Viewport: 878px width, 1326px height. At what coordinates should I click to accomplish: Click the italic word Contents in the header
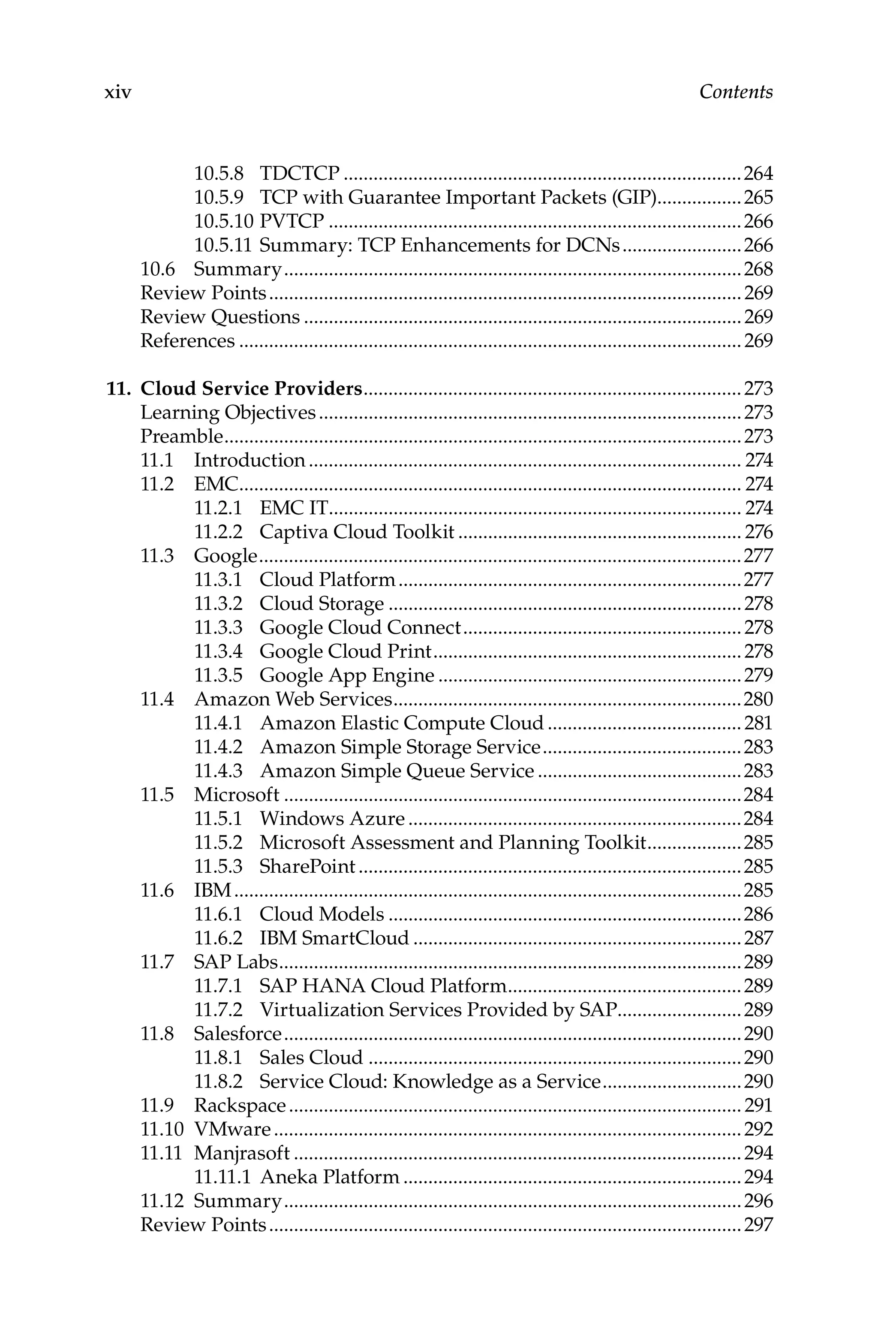735,92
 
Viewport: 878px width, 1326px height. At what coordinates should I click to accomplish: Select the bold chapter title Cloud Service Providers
251,389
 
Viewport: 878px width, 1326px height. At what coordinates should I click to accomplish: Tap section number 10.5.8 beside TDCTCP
218,174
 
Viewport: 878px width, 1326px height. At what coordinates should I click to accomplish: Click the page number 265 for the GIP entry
758,198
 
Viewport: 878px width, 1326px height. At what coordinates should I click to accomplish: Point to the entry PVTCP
291,222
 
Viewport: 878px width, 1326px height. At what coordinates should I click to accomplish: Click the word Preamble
181,436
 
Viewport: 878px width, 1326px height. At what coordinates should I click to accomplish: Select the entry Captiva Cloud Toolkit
357,532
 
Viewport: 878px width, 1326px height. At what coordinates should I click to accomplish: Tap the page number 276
758,532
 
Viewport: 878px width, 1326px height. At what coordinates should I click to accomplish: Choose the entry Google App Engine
346,675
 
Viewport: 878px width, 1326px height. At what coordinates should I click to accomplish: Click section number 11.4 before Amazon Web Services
157,699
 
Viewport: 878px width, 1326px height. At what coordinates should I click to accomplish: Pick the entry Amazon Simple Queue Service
397,771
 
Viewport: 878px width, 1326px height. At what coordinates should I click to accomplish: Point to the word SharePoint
307,867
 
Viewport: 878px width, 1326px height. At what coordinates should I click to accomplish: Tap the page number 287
758,938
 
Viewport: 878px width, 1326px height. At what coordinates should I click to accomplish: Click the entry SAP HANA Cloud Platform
382,986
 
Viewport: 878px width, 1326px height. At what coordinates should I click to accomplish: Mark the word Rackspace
240,1106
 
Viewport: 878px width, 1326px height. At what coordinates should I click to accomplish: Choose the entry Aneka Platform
329,1178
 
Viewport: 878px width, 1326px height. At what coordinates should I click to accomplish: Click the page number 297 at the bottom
758,1225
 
